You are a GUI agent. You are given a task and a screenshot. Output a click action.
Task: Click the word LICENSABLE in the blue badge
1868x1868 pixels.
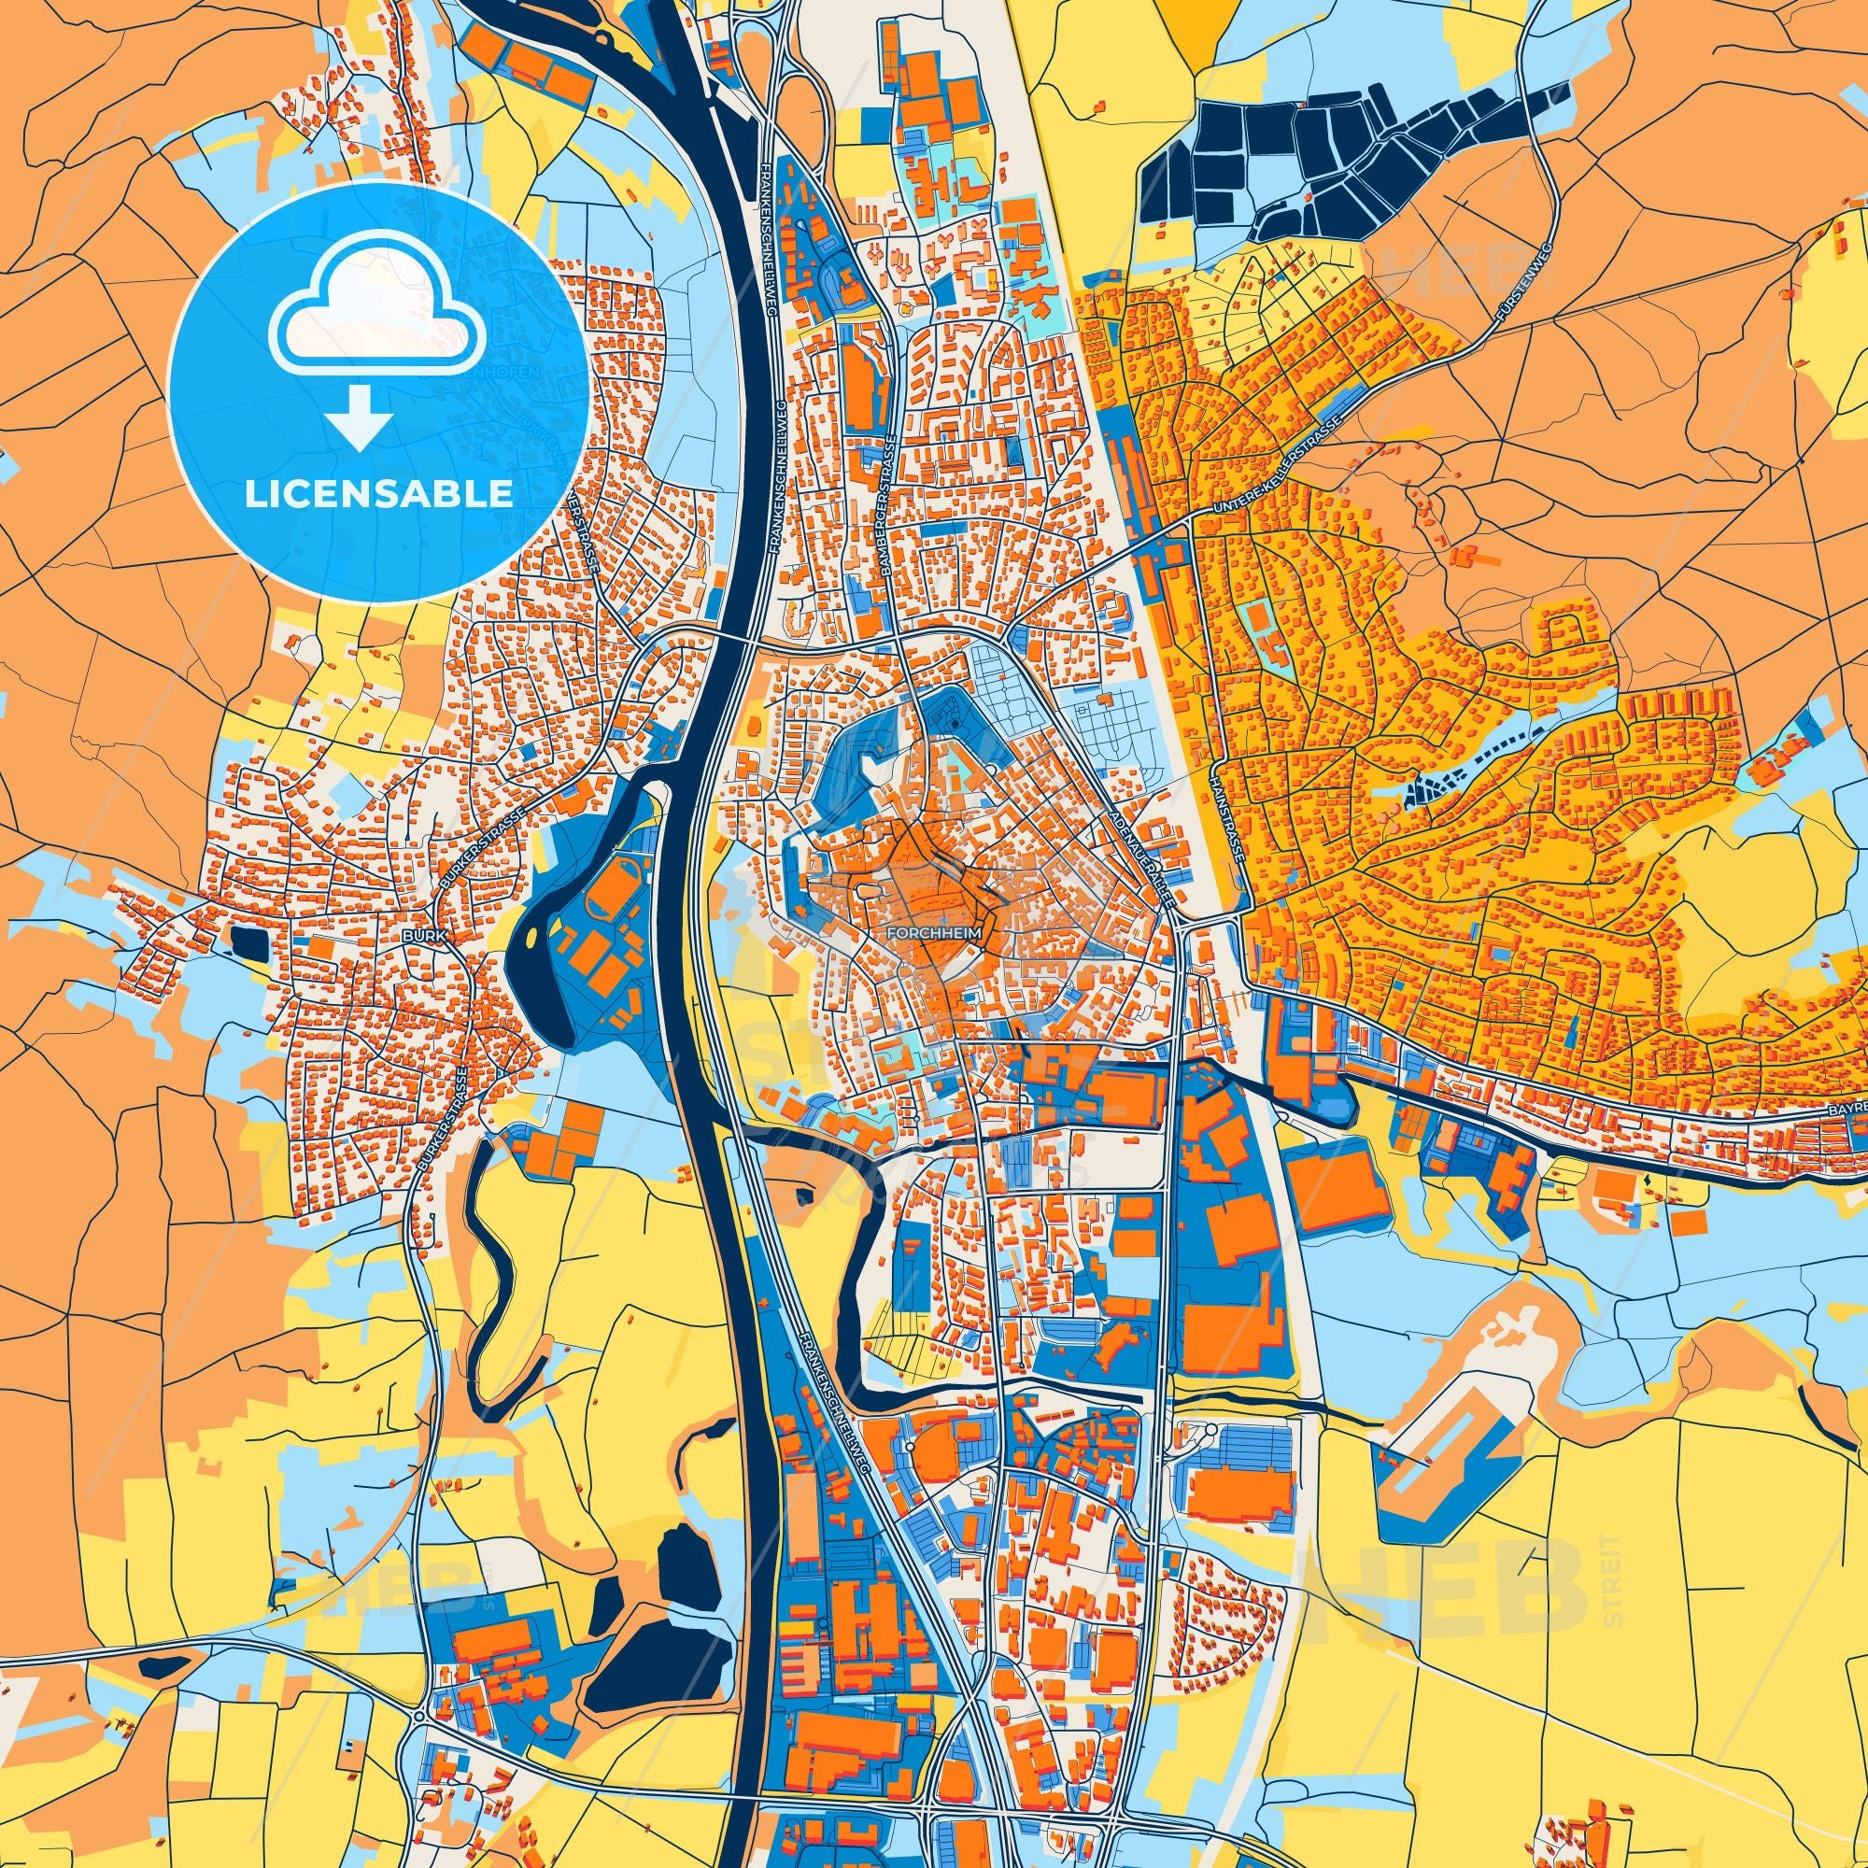pyautogui.click(x=378, y=495)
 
